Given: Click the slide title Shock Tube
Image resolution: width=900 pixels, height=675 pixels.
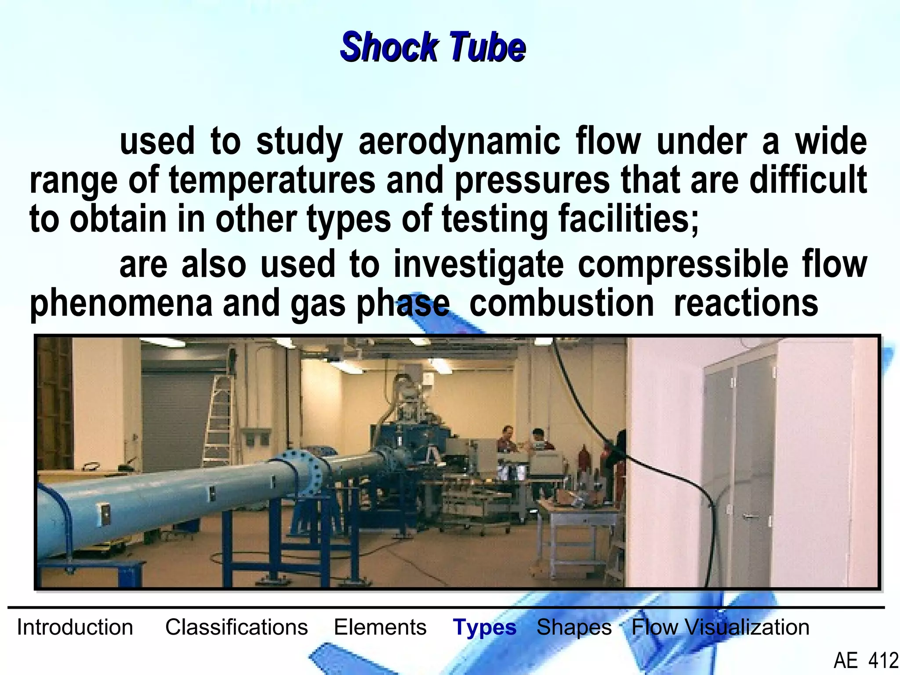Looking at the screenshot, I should [x=433, y=47].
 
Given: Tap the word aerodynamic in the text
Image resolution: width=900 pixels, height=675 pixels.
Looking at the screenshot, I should [x=459, y=142].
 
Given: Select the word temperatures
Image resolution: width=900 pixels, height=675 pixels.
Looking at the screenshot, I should [x=272, y=180].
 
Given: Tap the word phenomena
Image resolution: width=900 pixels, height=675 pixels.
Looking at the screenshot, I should [x=121, y=303].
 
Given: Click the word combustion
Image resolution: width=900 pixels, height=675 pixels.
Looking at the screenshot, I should [x=561, y=303].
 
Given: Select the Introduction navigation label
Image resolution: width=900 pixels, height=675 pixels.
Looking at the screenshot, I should [x=75, y=627].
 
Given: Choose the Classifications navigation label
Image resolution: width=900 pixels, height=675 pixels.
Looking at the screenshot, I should [x=236, y=627].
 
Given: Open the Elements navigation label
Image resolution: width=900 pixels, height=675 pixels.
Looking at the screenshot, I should [x=380, y=627].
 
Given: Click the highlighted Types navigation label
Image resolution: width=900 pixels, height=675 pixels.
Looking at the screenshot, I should [x=484, y=627].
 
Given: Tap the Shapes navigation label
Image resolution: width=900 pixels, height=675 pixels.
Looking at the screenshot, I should [x=574, y=627].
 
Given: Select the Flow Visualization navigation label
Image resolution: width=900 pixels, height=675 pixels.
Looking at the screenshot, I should [x=720, y=627].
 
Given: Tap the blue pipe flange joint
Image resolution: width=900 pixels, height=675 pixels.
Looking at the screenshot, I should [x=303, y=472].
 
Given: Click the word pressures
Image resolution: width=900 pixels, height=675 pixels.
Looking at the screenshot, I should [x=532, y=180].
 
